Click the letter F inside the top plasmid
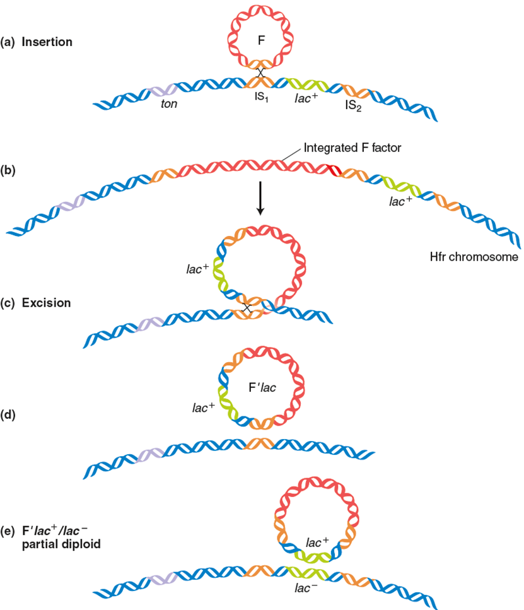pos(262,41)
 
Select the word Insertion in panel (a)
pos(47,42)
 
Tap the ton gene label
pos(168,103)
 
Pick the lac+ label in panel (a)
pos(307,100)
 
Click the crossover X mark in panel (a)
pos(260,73)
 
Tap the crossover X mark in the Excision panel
pos(247,308)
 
